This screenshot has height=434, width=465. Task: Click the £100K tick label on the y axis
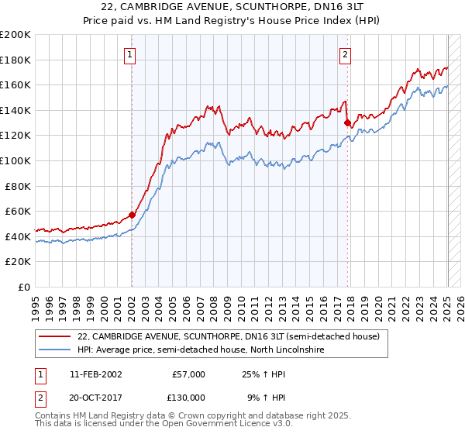pos(15,160)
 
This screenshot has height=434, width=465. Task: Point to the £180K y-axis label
pos(15,60)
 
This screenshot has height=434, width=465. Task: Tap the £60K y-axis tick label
pos(18,211)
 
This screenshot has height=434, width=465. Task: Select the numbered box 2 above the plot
pos(345,54)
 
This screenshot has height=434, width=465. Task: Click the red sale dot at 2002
pos(132,215)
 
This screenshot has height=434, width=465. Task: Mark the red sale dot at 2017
pos(347,122)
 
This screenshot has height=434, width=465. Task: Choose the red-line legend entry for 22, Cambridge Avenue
pos(228,337)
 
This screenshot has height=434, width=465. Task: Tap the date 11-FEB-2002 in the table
pos(95,374)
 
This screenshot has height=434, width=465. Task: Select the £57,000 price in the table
pos(188,374)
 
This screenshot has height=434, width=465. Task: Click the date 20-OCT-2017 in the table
pos(95,397)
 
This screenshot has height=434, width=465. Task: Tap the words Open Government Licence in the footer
pos(209,425)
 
